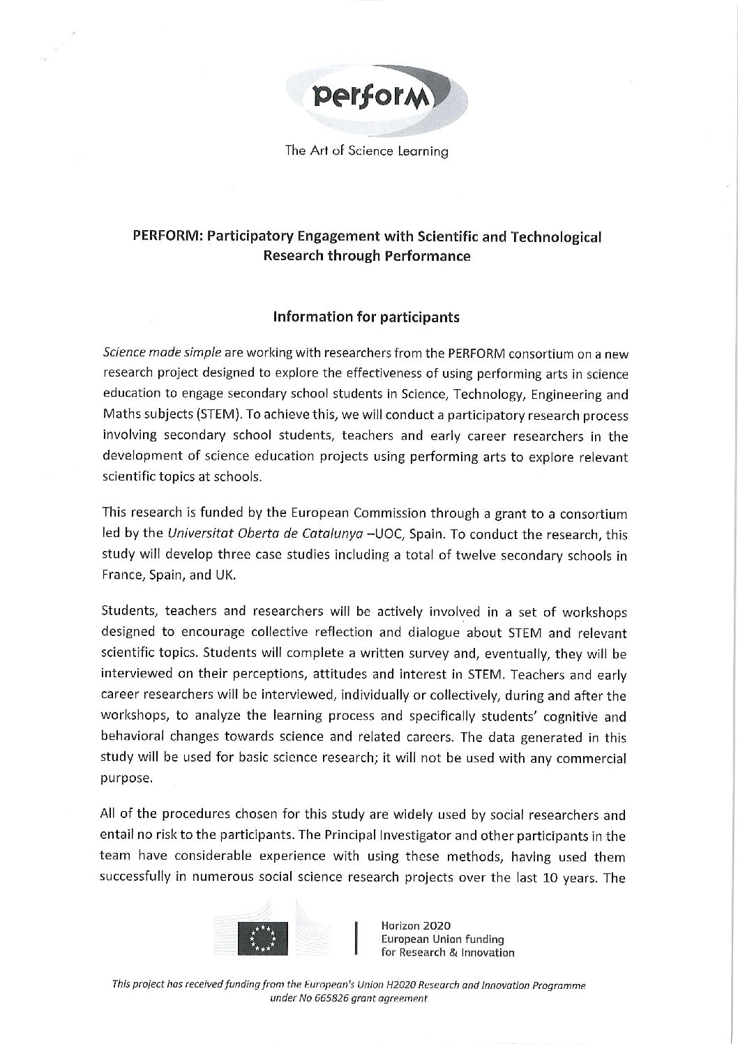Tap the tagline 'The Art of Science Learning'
click(366, 151)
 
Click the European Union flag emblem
click(262, 937)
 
